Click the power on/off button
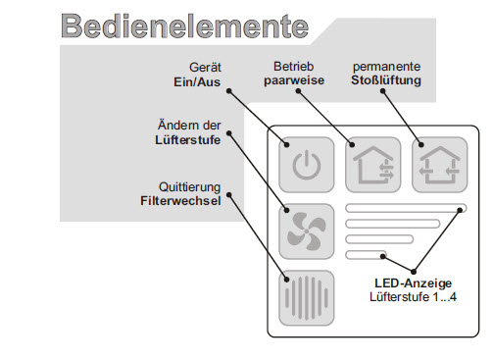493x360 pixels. (305, 163)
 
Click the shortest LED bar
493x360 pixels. (367, 256)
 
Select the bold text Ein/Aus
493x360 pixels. (198, 80)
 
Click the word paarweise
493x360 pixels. (292, 80)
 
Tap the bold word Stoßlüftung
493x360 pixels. (385, 80)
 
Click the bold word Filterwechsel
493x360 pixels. (180, 202)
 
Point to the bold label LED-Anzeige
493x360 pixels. (412, 283)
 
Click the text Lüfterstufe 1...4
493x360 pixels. (412, 296)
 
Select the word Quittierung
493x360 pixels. (188, 187)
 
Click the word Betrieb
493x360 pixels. (292, 67)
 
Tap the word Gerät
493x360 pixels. (206, 67)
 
